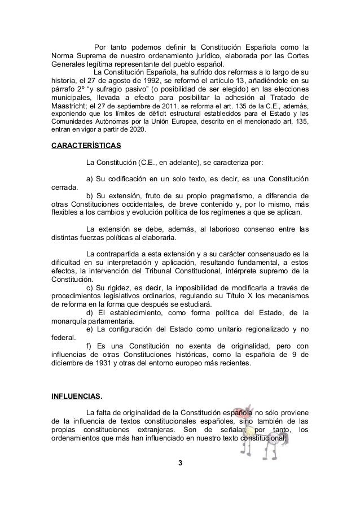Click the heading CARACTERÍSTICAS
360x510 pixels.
pyautogui.click(x=85, y=146)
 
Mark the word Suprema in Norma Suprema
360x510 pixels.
pyautogui.click(x=93, y=54)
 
